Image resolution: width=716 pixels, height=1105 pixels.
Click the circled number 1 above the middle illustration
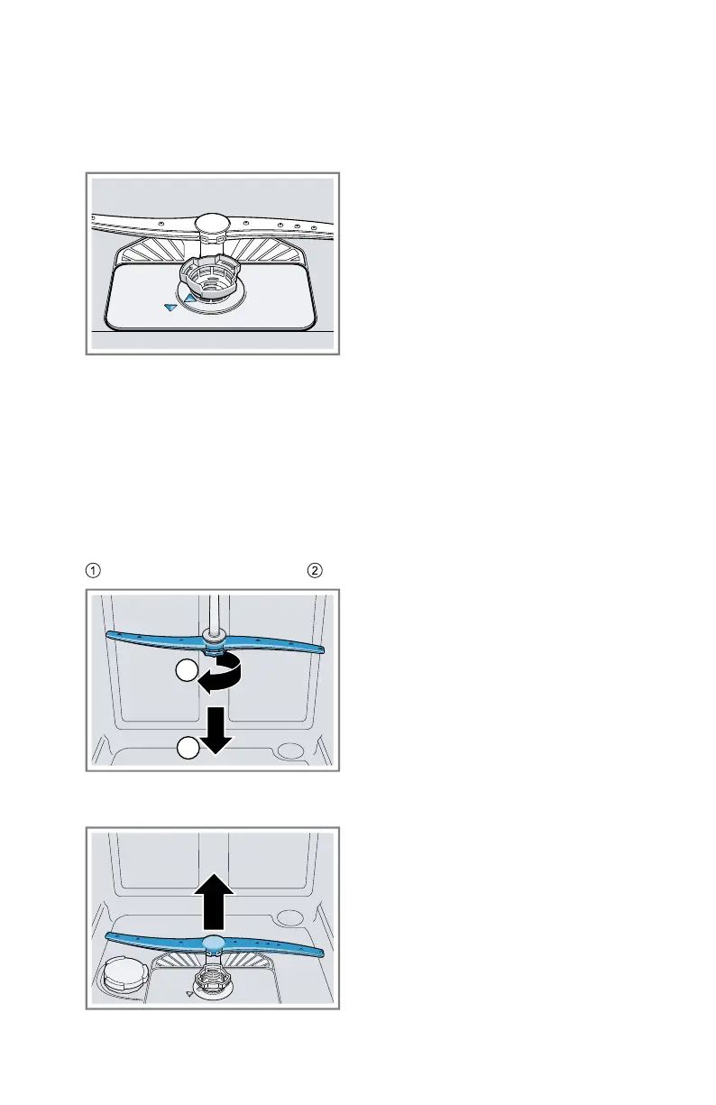point(93,569)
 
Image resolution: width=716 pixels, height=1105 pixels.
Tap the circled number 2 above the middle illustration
point(314,569)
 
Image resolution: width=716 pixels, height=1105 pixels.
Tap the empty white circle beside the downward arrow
point(187,748)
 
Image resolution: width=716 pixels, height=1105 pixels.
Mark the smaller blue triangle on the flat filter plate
point(170,308)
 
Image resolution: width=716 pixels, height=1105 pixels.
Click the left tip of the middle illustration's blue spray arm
point(110,634)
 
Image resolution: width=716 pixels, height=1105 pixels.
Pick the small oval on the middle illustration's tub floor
point(291,750)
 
